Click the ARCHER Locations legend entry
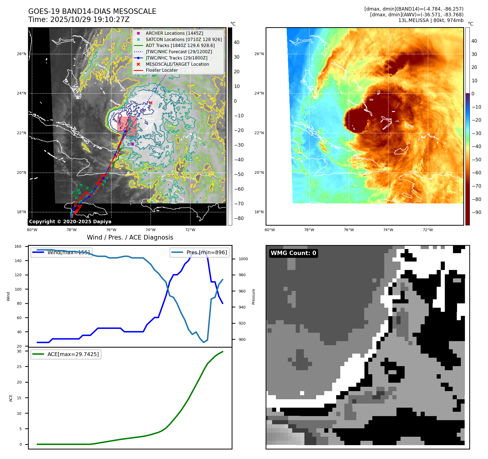pyautogui.click(x=174, y=33)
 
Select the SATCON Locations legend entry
pyautogui.click(x=184, y=39)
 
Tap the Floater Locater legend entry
pyautogui.click(x=162, y=70)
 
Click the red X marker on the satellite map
pyautogui.click(x=151, y=103)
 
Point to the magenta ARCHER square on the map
pyautogui.click(x=133, y=144)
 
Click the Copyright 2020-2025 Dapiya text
pyautogui.click(x=70, y=222)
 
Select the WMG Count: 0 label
pyautogui.click(x=293, y=253)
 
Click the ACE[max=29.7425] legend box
pyautogui.click(x=66, y=354)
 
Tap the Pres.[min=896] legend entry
pyautogui.click(x=200, y=252)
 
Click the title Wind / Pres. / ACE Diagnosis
pyautogui.click(x=130, y=237)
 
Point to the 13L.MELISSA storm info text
pyautogui.click(x=431, y=20)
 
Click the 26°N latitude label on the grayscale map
pyautogui.click(x=21, y=54)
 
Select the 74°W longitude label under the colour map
pyautogui.click(x=388, y=230)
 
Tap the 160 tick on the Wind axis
pyautogui.click(x=18, y=247)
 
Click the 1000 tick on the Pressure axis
pyautogui.click(x=243, y=259)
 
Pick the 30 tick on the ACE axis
pyautogui.click(x=19, y=351)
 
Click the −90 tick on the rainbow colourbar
pyautogui.click(x=476, y=212)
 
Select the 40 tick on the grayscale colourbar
pyautogui.click(x=237, y=42)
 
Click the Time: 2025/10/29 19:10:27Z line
pyautogui.click(x=79, y=20)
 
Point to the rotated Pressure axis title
pyautogui.click(x=253, y=297)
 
